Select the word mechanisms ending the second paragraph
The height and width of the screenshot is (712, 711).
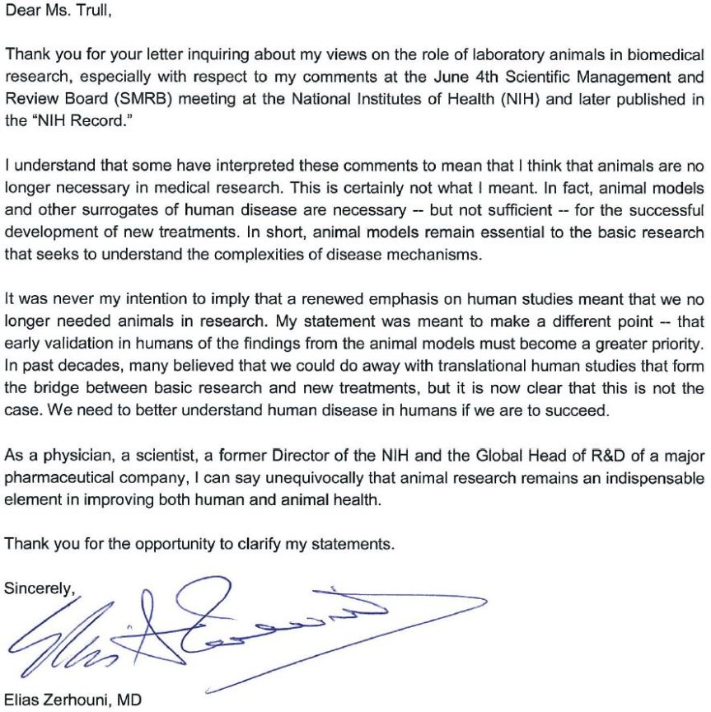coord(437,254)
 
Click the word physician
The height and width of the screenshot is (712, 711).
coord(70,456)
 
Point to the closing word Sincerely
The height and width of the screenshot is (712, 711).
coord(38,588)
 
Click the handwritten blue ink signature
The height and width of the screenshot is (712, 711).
coord(206,630)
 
